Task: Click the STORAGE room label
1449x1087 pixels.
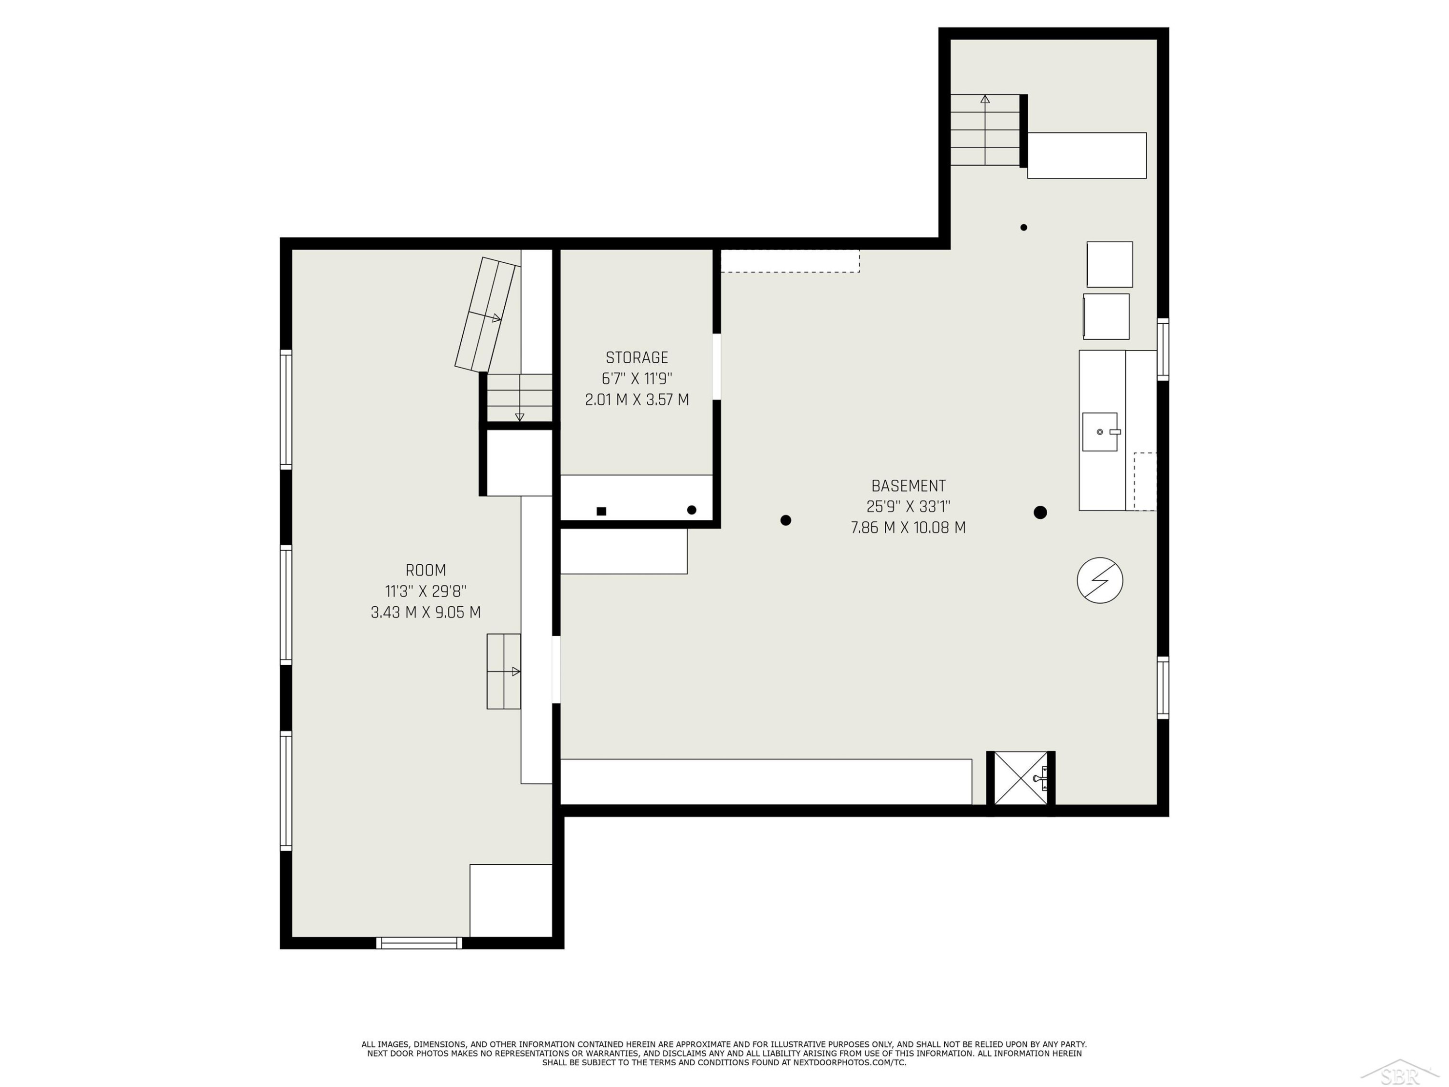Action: (637, 358)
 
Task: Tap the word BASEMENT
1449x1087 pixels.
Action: (908, 486)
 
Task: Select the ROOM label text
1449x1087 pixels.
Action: (426, 571)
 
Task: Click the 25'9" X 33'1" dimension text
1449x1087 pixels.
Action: (908, 506)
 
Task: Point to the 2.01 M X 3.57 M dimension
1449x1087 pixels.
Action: (637, 400)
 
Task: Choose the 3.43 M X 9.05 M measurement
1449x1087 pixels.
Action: (426, 613)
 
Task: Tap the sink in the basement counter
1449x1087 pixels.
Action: (1100, 432)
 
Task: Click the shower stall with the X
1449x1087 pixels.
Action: (1021, 778)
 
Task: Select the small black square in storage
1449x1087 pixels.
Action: (601, 511)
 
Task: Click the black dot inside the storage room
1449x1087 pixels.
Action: (692, 510)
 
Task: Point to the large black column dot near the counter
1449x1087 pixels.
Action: (1040, 513)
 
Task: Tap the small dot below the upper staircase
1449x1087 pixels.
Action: (1024, 228)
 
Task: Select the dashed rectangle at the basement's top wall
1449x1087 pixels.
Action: (790, 261)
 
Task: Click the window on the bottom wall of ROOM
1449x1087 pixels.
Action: (419, 943)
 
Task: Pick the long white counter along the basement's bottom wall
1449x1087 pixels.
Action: (767, 782)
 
